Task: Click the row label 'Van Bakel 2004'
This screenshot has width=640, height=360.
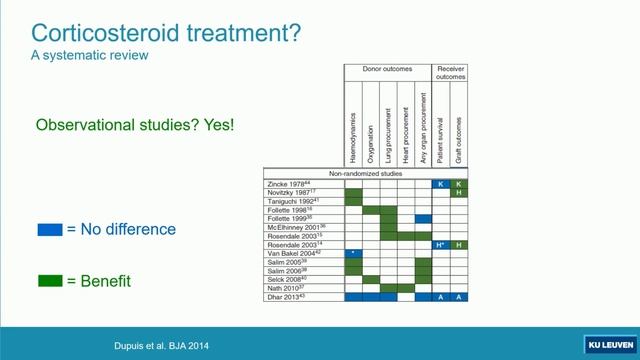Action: tap(297, 254)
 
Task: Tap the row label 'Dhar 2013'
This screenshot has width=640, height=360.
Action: tap(287, 297)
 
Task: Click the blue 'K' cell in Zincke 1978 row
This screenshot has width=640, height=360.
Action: tap(440, 184)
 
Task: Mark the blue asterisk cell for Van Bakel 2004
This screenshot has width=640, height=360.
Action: tap(353, 254)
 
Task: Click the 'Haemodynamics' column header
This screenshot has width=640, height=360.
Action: tap(353, 125)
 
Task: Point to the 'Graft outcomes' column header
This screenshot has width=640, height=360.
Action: tap(458, 125)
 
